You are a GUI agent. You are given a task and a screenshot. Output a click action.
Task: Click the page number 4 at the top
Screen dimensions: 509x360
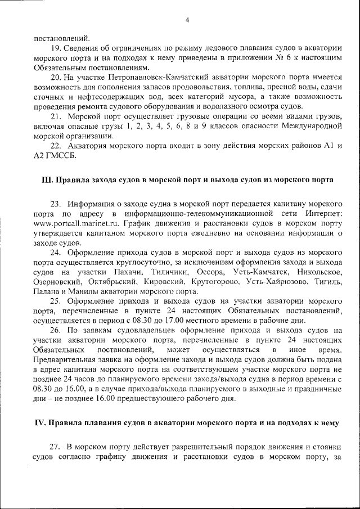tap(187, 21)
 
